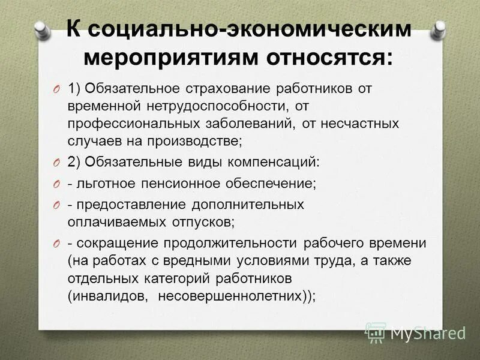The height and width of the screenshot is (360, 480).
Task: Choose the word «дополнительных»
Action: pyautogui.click(x=248, y=204)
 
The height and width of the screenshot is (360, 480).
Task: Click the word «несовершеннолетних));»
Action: pyautogui.click(x=236, y=296)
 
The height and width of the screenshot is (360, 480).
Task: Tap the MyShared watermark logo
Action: pyautogui.click(x=415, y=331)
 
